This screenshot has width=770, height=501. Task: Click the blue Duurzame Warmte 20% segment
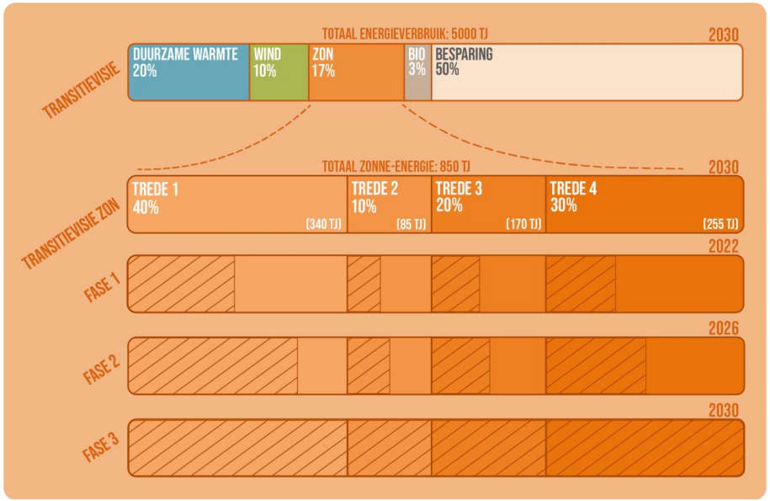click(x=189, y=72)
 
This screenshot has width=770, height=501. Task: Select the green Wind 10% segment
click(x=279, y=72)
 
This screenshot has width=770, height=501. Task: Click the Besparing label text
click(x=464, y=55)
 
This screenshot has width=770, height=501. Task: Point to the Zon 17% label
click(x=323, y=62)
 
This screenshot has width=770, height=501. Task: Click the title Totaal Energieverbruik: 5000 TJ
click(x=405, y=34)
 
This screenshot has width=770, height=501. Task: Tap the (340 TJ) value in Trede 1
click(x=324, y=224)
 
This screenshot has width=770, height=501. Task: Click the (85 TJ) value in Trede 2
click(x=412, y=224)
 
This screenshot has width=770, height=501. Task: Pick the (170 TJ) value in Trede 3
click(x=523, y=224)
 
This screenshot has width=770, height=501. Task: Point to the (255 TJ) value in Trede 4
click(x=720, y=224)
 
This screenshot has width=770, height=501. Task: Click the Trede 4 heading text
click(x=575, y=189)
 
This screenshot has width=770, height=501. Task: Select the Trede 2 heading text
click(x=374, y=189)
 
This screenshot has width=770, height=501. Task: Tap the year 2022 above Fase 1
click(x=723, y=246)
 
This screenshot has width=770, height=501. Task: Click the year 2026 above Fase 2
click(x=723, y=328)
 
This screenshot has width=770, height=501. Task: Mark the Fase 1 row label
click(x=103, y=284)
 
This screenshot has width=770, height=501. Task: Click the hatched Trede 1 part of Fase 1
click(x=182, y=284)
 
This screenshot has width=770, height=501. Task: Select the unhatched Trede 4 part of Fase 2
click(x=694, y=365)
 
